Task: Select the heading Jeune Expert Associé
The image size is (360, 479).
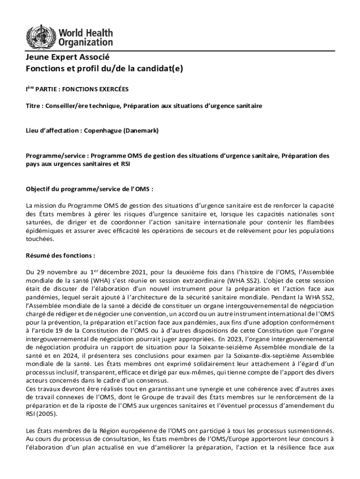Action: pos(67,58)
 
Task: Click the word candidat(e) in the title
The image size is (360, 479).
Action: pos(163,68)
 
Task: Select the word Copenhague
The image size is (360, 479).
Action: pos(102,131)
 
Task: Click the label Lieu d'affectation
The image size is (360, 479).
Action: pos(52,131)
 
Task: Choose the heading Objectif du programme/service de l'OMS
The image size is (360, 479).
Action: pos(89,189)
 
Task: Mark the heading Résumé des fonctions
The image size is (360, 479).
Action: pos(60,256)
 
